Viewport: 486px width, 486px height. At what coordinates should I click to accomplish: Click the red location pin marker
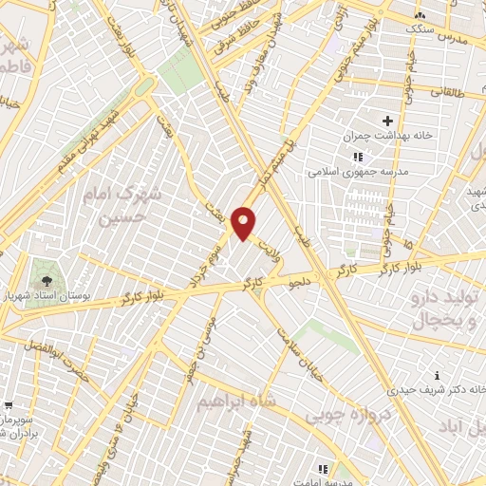coord(244,223)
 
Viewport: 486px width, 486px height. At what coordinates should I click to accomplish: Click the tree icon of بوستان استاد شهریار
coord(46,280)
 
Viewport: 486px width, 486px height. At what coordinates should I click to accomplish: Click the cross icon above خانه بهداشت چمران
coord(386,120)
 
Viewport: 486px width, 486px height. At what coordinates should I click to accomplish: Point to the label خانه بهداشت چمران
coord(389,136)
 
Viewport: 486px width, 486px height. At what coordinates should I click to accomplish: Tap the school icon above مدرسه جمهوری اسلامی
coord(357,157)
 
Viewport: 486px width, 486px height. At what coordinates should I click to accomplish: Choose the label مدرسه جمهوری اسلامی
coord(354,172)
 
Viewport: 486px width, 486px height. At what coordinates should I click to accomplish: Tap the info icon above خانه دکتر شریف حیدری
coord(435,374)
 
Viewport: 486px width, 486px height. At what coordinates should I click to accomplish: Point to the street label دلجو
coord(302,282)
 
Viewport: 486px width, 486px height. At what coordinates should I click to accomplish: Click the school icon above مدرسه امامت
coord(323,468)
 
